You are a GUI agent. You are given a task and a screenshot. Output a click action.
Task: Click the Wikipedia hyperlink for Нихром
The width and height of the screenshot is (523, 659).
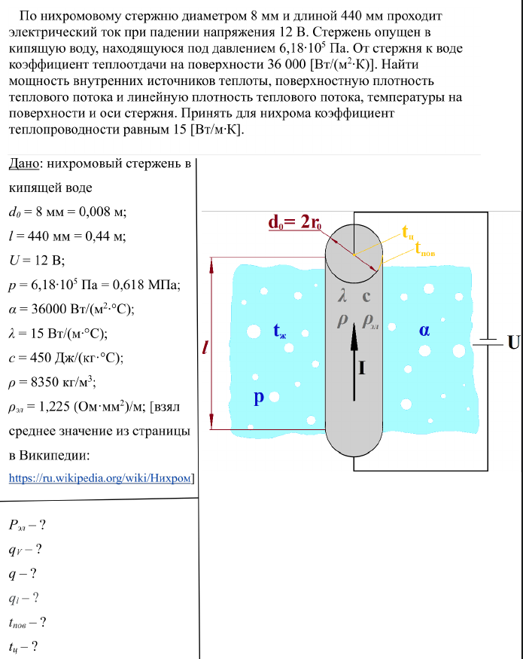point(101,477)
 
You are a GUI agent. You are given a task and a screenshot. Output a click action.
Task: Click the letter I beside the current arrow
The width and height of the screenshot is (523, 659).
point(363,368)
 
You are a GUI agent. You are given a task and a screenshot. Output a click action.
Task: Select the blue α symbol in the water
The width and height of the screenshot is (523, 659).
point(424,329)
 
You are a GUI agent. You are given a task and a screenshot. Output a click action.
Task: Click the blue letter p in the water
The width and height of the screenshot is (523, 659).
point(258,397)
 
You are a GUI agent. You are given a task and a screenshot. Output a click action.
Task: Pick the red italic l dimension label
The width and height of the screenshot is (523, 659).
point(205,347)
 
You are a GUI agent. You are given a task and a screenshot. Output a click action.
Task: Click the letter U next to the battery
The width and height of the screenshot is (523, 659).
point(513,342)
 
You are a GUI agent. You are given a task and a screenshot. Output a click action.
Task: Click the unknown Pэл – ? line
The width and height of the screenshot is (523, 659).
point(33,525)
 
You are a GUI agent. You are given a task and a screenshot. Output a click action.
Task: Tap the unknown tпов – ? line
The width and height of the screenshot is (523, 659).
point(28,622)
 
